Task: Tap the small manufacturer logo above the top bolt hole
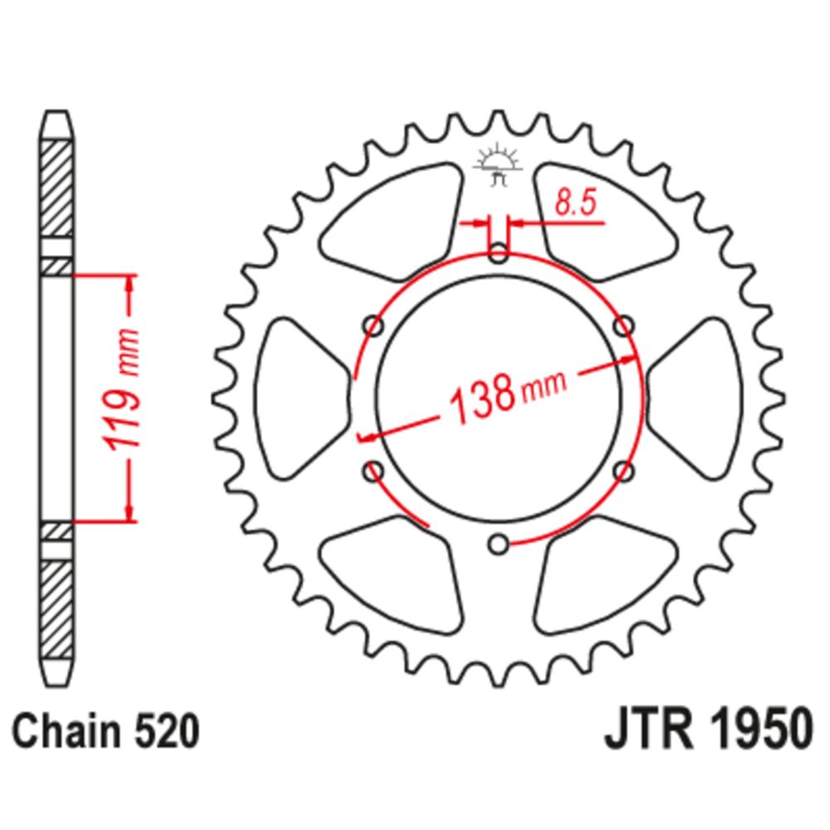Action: pyautogui.click(x=498, y=166)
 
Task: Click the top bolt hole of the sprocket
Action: pyautogui.click(x=498, y=255)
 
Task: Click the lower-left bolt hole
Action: pyautogui.click(x=373, y=471)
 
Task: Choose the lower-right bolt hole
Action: pyautogui.click(x=623, y=471)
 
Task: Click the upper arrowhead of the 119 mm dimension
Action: pyautogui.click(x=129, y=286)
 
